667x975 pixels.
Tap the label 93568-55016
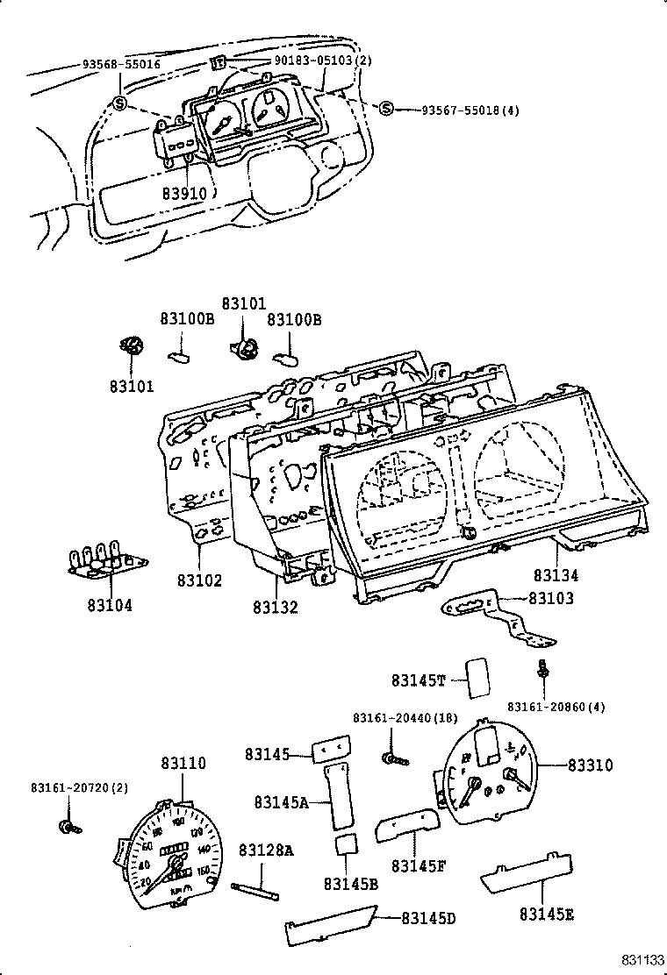123,65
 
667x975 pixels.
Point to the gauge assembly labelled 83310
486,772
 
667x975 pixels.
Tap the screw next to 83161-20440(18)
391,757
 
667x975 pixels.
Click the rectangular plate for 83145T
477,677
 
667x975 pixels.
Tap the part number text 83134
556,576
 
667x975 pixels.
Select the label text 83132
276,606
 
